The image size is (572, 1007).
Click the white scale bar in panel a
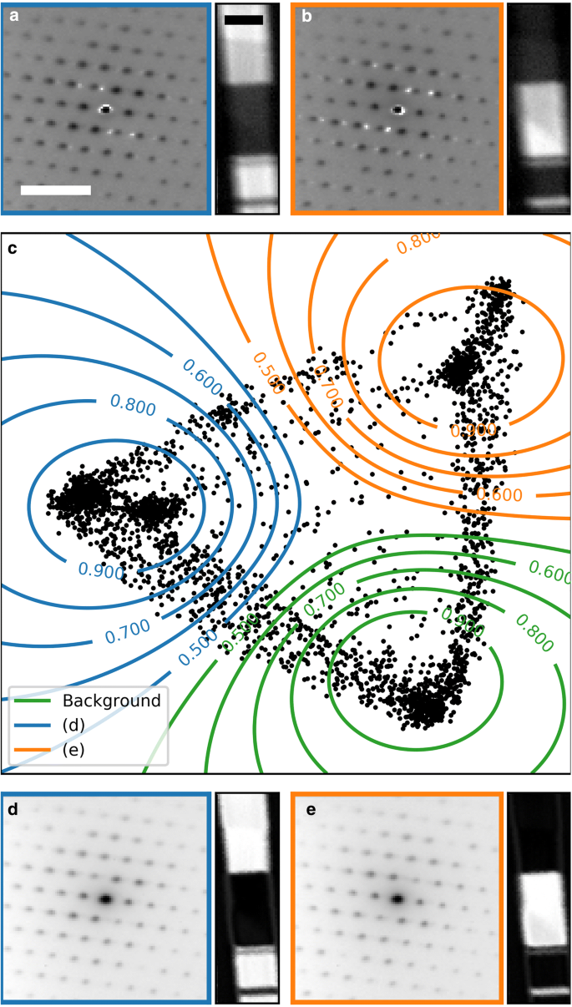55,190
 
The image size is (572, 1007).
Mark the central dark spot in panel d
105,899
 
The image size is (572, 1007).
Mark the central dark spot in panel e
397,899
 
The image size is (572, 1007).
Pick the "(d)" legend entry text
74,726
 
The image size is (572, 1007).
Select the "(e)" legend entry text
74,751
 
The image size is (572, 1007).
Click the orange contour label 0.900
473,430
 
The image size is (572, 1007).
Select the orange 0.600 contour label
499,494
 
